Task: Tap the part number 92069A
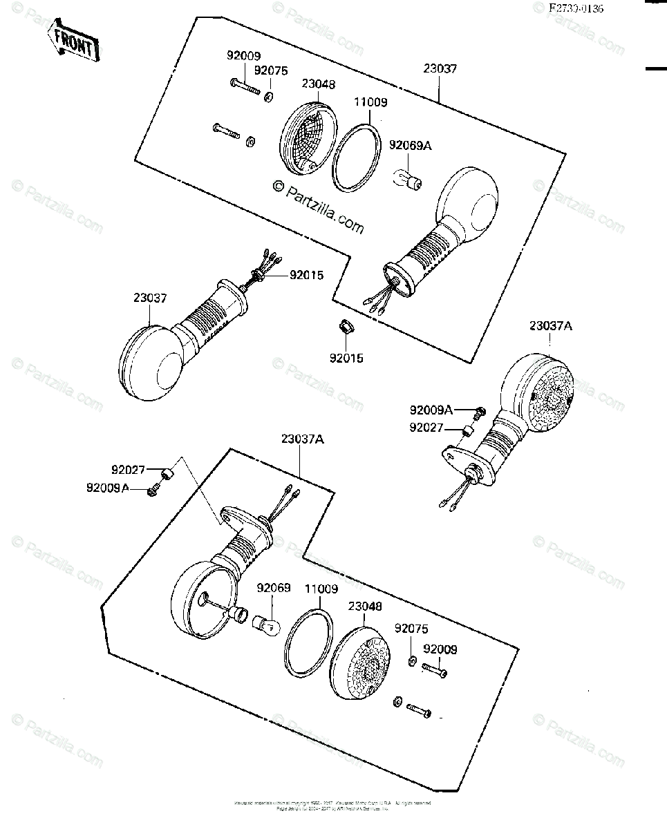(411, 145)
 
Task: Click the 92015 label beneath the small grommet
(346, 359)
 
